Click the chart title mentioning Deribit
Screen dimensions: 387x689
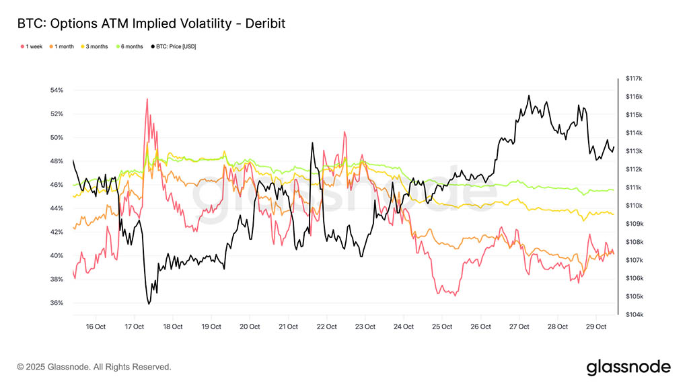(x=151, y=24)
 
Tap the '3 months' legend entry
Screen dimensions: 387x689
(x=96, y=46)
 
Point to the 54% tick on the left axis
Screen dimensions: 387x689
(x=56, y=90)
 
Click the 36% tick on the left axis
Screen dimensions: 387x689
(x=56, y=303)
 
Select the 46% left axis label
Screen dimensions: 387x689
(x=56, y=185)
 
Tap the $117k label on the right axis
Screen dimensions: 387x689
(x=634, y=79)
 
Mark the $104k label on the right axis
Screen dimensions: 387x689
(x=634, y=314)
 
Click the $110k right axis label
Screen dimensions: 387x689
(x=634, y=206)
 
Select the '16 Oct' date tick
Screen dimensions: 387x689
(x=96, y=327)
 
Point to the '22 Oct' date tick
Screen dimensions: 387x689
(x=327, y=327)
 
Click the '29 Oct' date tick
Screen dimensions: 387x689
(x=597, y=327)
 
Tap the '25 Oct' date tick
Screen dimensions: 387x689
(x=442, y=327)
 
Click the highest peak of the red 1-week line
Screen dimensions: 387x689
(x=147, y=99)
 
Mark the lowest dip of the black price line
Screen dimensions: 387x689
(x=149, y=304)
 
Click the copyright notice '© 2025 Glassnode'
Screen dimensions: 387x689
(x=94, y=367)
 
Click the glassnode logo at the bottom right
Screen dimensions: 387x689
(x=628, y=367)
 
